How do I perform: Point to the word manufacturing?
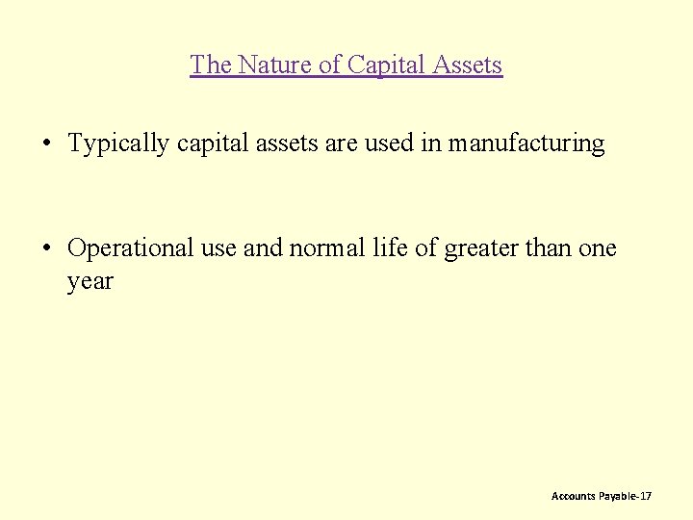[x=526, y=144]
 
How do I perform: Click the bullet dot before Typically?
[x=46, y=144]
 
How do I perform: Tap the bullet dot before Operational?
[x=46, y=248]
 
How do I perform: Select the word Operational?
[x=130, y=248]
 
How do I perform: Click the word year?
[x=90, y=282]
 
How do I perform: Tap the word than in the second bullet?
[x=549, y=248]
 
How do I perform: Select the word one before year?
[x=598, y=248]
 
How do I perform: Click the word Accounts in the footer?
[x=573, y=496]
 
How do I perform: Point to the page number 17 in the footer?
[x=645, y=496]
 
